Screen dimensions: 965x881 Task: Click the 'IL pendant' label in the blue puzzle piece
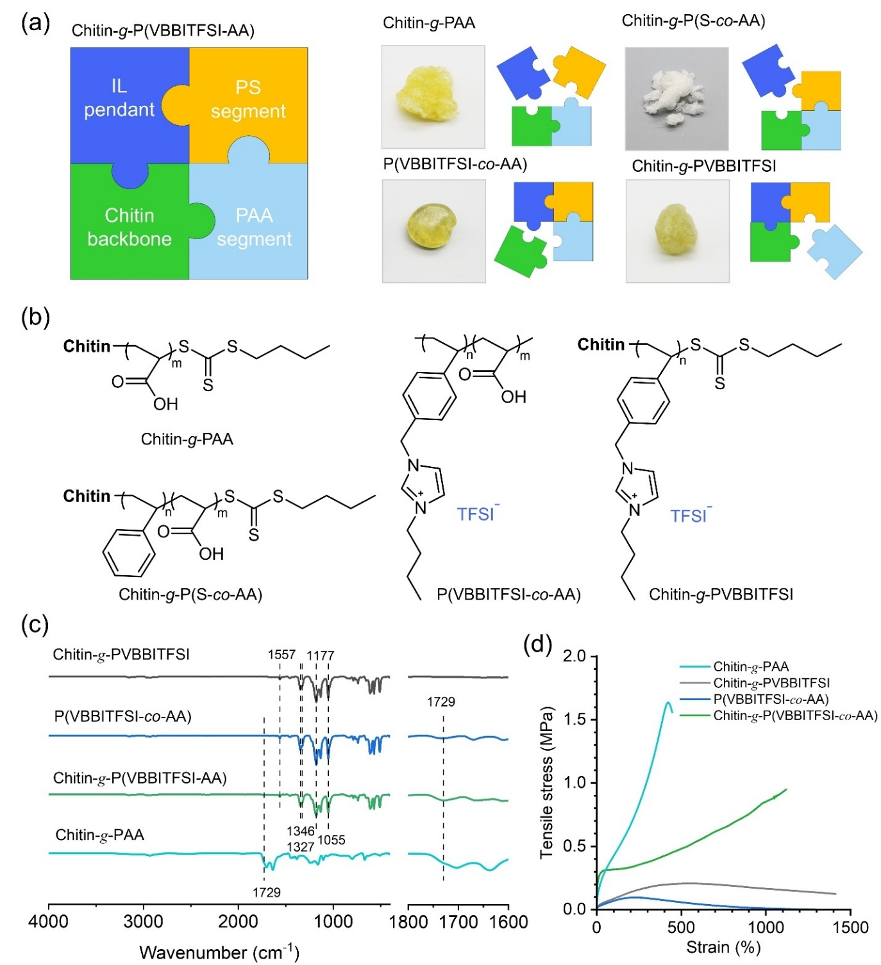(119, 98)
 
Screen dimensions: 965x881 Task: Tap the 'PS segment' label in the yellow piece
(248, 99)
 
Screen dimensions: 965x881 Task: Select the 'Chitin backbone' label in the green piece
(130, 227)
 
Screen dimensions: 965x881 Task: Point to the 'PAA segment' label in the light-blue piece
(254, 227)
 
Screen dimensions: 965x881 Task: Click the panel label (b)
(35, 317)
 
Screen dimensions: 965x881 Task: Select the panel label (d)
(537, 644)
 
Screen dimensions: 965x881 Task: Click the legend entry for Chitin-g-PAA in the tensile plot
(750, 667)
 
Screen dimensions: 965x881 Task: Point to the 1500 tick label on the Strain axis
(850, 928)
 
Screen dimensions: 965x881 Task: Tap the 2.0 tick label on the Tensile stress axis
(575, 656)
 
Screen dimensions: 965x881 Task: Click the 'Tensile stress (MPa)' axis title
(546, 782)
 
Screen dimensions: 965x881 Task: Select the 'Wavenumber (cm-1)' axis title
(219, 952)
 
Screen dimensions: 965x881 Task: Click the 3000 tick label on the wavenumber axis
(144, 922)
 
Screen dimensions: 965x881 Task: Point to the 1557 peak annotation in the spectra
(281, 655)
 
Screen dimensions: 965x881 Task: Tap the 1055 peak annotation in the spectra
(331, 840)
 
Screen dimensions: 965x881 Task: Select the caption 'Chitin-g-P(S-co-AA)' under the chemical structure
(190, 594)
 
